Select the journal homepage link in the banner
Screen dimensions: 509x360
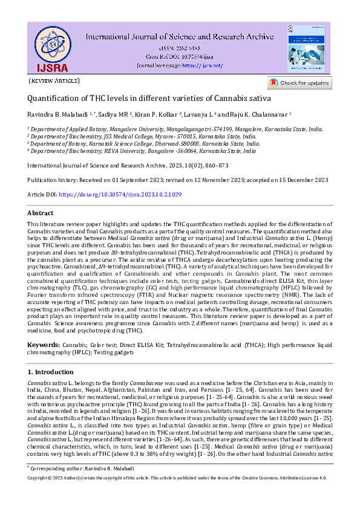203,65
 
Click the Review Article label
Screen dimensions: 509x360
54,80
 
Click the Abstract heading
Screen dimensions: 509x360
42,212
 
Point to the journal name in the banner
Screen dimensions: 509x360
178,36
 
